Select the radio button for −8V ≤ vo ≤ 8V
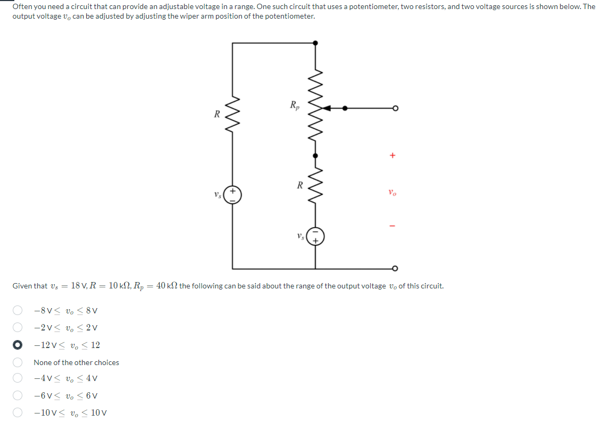(x=18, y=310)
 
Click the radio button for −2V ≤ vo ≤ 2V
(x=18, y=328)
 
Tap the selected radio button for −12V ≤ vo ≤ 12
(x=18, y=345)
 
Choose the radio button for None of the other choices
(x=18, y=362)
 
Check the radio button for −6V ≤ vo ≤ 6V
(x=18, y=396)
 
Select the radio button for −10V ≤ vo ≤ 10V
(x=18, y=413)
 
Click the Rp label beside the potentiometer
(x=295, y=105)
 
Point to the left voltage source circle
(x=232, y=195)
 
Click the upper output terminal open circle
(x=395, y=108)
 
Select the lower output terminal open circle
(x=395, y=268)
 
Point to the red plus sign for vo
(x=392, y=156)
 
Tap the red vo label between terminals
(x=392, y=193)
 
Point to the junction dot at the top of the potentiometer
(x=315, y=43)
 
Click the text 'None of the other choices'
(x=76, y=362)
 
